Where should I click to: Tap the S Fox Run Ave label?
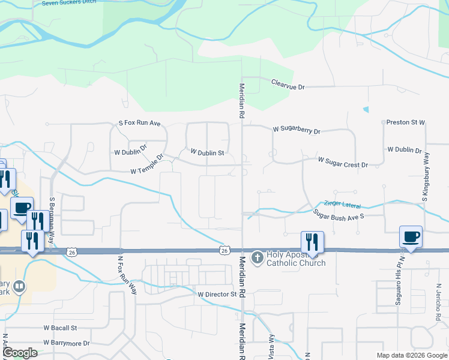pos(140,123)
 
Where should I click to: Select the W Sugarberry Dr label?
pos(297,130)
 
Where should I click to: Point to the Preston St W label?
pos(405,122)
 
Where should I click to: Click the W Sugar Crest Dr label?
pos(342,163)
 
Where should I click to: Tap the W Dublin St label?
pos(207,153)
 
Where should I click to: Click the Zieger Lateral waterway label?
pos(342,205)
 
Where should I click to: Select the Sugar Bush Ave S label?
pos(338,213)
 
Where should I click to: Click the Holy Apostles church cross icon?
pos(257,257)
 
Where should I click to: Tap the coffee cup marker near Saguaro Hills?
pos(411,236)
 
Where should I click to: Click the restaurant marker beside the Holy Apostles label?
pos(312,242)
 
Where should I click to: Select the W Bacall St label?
pos(61,328)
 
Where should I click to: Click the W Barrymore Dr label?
pos(66,343)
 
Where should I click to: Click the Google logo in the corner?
pos(20,353)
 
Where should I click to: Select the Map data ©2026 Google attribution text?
pos(412,355)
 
